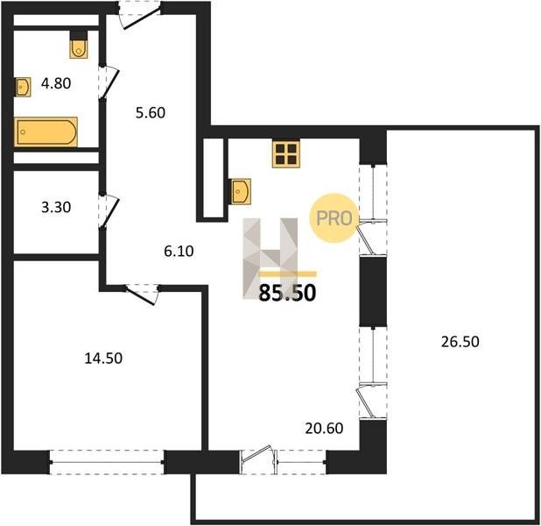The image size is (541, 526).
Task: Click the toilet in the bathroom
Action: [x=79, y=45]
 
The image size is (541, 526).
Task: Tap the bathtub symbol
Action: [x=46, y=132]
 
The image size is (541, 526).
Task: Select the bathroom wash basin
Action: [x=23, y=87]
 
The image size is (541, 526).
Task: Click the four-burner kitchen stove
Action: [x=286, y=154]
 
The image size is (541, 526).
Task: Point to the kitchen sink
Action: [x=241, y=191]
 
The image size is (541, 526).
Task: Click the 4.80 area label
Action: [x=56, y=83]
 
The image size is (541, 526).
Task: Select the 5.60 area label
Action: [x=151, y=113]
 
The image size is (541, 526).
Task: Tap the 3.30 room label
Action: [x=56, y=207]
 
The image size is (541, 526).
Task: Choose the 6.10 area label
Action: [x=179, y=251]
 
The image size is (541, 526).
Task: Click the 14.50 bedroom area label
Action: [x=103, y=358]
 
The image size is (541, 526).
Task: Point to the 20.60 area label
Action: [x=324, y=428]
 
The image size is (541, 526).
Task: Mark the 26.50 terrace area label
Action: [x=460, y=341]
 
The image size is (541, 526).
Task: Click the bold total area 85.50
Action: [x=287, y=293]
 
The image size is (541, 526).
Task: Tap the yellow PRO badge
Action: [x=332, y=218]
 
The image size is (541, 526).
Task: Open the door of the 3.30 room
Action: [x=109, y=210]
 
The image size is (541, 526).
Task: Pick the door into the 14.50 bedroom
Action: [x=142, y=295]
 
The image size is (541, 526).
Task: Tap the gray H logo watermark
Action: [x=270, y=258]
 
